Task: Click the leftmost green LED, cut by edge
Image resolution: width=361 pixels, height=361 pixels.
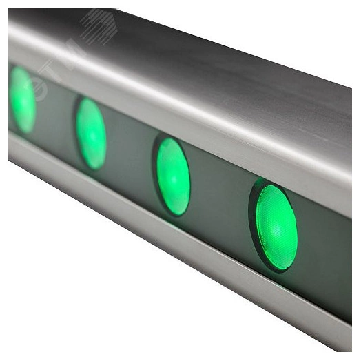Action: (22, 99)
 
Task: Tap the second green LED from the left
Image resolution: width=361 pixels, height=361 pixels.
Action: (91, 133)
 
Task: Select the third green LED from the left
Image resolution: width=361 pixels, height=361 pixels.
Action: (172, 176)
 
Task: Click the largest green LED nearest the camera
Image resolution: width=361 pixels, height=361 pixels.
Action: (276, 226)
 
